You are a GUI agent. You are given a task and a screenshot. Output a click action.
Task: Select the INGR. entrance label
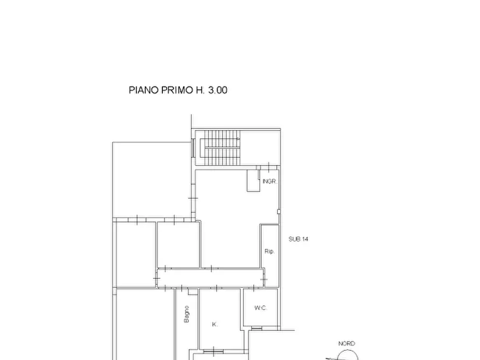(x=269, y=182)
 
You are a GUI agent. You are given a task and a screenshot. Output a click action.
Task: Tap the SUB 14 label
(x=298, y=239)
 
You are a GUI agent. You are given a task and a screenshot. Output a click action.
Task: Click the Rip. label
(x=269, y=251)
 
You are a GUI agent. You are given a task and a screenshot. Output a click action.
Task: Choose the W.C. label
(x=261, y=308)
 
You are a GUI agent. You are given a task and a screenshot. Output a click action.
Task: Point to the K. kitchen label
(x=214, y=325)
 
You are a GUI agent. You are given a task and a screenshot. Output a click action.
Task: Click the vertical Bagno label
(x=187, y=314)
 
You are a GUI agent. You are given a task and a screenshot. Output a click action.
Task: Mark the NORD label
(x=346, y=343)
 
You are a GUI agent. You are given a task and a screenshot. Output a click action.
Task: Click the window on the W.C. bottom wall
(x=257, y=327)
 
